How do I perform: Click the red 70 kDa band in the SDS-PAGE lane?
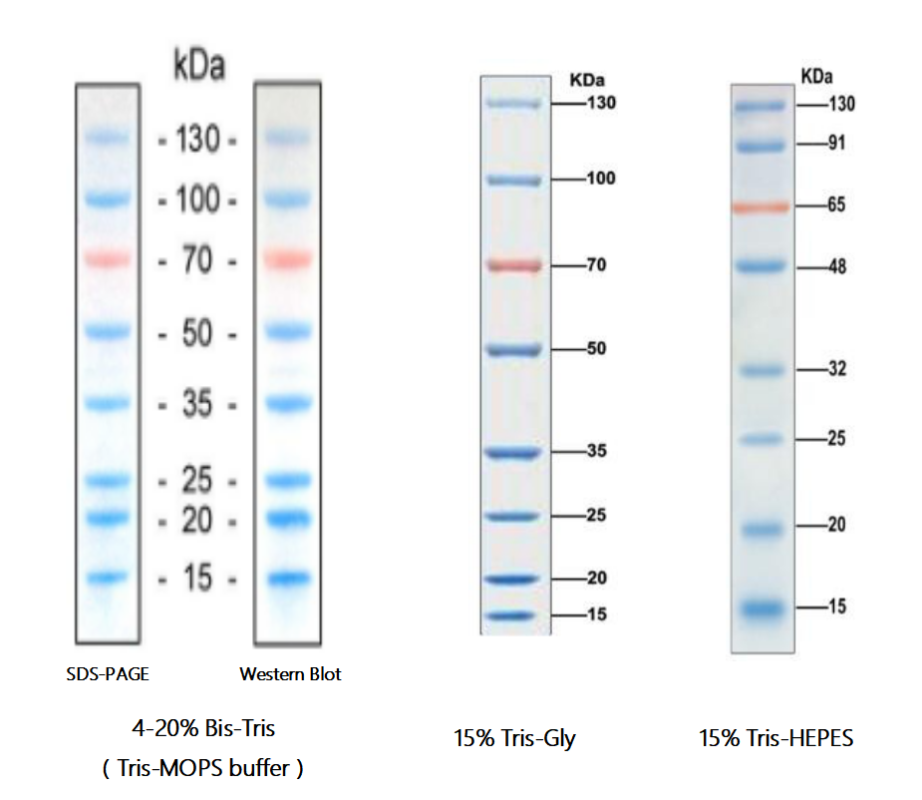click(x=108, y=259)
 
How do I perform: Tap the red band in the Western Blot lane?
click(x=287, y=259)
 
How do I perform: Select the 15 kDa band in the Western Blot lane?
click(x=287, y=579)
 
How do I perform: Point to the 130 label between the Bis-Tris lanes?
click(x=197, y=141)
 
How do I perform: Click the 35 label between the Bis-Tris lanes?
click(x=197, y=405)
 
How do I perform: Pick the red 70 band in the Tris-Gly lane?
click(x=513, y=266)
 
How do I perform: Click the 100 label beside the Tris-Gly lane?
click(x=601, y=179)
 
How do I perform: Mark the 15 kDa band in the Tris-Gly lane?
click(x=513, y=615)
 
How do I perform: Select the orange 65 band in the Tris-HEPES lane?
click(x=762, y=206)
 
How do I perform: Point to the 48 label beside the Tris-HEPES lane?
click(x=836, y=267)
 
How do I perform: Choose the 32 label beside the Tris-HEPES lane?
click(x=836, y=369)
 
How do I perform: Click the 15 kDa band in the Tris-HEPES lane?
click(x=762, y=605)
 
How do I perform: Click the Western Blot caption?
click(x=290, y=674)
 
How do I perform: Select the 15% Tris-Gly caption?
click(x=514, y=739)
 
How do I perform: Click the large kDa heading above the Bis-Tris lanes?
click(x=199, y=67)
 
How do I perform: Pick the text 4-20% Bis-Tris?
click(x=203, y=728)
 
